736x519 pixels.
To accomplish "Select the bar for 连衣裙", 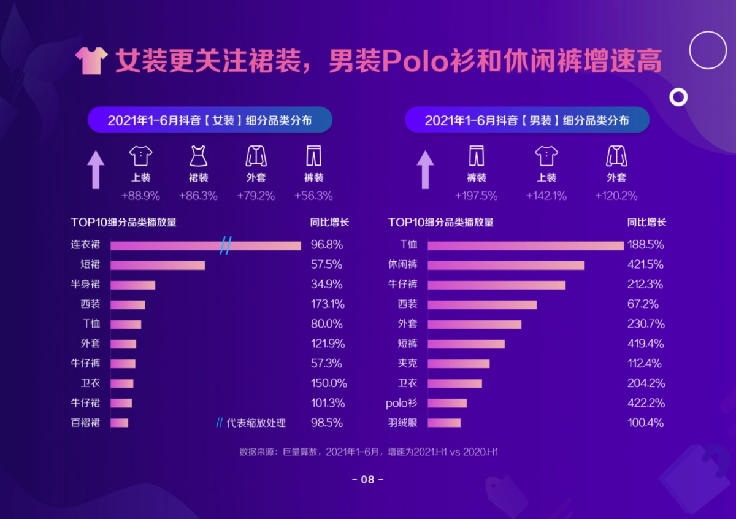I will [205, 245].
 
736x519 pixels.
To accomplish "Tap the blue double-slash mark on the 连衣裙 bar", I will [225, 245].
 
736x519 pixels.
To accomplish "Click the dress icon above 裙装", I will [198, 156].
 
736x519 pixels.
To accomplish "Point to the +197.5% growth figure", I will [476, 196].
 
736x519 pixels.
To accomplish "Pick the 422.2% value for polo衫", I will [645, 403].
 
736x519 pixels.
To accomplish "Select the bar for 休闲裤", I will [505, 265].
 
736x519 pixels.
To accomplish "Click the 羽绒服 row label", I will [402, 423].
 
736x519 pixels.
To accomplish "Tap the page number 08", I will [367, 480].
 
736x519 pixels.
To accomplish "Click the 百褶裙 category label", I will [85, 423].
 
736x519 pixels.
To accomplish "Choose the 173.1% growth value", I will [328, 304].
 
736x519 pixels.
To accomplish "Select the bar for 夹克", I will [458, 364].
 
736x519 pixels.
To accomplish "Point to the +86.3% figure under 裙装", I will [198, 196].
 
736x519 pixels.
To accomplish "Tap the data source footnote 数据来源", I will [369, 452].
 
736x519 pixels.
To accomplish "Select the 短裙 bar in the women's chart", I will [158, 265].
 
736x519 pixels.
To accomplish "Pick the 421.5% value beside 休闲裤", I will [645, 265].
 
